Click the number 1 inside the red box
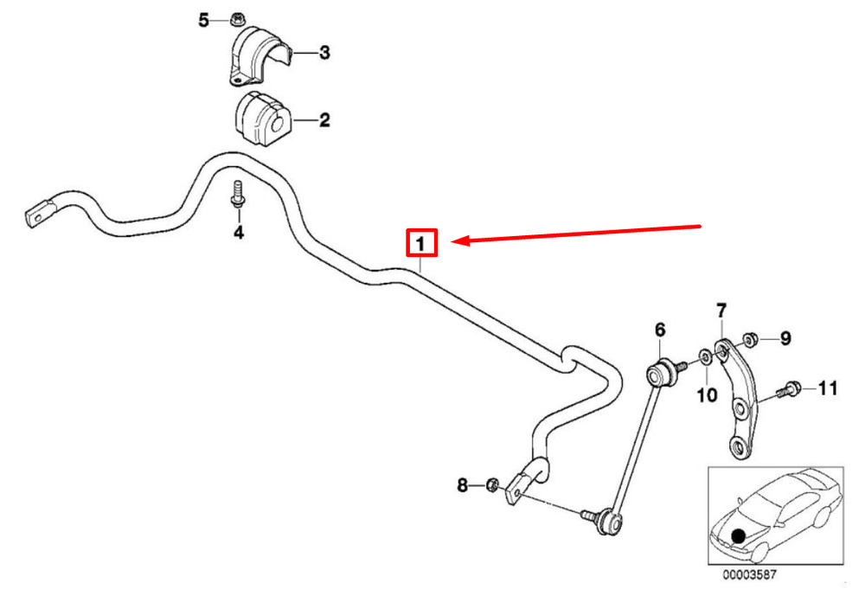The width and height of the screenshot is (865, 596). point(421,243)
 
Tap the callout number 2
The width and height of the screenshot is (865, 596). point(324,119)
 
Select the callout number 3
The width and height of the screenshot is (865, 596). point(324,53)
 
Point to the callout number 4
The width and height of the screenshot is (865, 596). point(239,233)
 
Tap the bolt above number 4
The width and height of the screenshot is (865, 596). point(238,195)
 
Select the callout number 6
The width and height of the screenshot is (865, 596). point(660,330)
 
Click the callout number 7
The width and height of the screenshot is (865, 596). point(721,311)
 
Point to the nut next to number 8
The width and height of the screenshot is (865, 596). point(492,485)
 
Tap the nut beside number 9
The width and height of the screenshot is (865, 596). point(749,339)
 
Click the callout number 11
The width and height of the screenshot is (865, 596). point(828,388)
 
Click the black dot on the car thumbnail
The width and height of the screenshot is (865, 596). point(738,535)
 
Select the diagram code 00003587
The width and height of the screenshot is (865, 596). point(750,575)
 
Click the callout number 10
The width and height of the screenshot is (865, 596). point(707,394)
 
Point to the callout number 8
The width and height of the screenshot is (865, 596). point(462,485)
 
